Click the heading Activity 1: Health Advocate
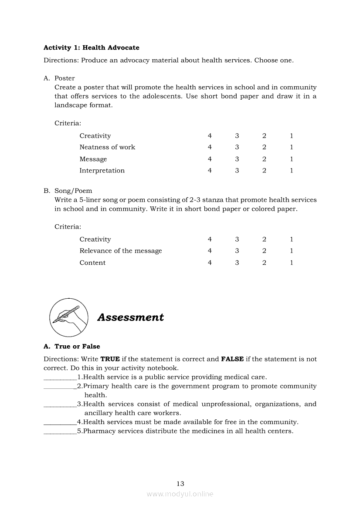click(92, 47)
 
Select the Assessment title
click(130, 317)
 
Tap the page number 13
click(180, 483)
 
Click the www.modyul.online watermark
click(180, 494)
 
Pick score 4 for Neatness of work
click(210, 147)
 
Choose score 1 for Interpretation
click(292, 171)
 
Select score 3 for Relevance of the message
click(237, 251)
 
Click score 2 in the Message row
click(264, 159)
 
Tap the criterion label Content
click(92, 263)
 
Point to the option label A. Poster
click(59, 78)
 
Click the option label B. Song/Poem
click(68, 191)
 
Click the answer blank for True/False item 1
click(60, 378)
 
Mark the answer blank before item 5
click(60, 431)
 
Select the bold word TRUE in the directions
click(110, 359)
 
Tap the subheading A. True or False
click(72, 347)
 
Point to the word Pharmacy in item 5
click(97, 431)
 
